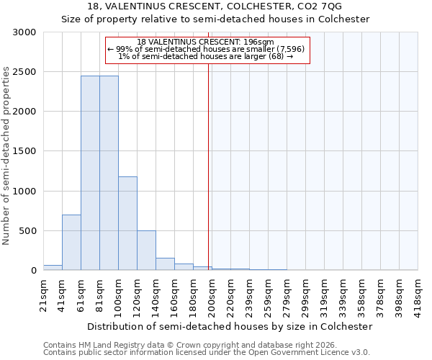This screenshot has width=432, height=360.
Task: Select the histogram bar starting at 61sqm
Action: pyautogui.click(x=90, y=173)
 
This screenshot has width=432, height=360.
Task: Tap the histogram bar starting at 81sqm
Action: pyautogui.click(x=109, y=173)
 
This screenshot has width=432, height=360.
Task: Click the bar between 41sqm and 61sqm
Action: pyautogui.click(x=71, y=243)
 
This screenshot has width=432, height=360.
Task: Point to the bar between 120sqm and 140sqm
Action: pyautogui.click(x=146, y=251)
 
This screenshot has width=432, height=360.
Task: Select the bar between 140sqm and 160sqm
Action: pyautogui.click(x=165, y=264)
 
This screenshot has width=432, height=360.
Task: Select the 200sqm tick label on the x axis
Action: pyautogui.click(x=212, y=295)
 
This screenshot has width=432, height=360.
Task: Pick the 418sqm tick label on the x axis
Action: pyautogui.click(x=418, y=295)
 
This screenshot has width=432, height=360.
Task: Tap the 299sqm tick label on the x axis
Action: pyautogui.click(x=306, y=295)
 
